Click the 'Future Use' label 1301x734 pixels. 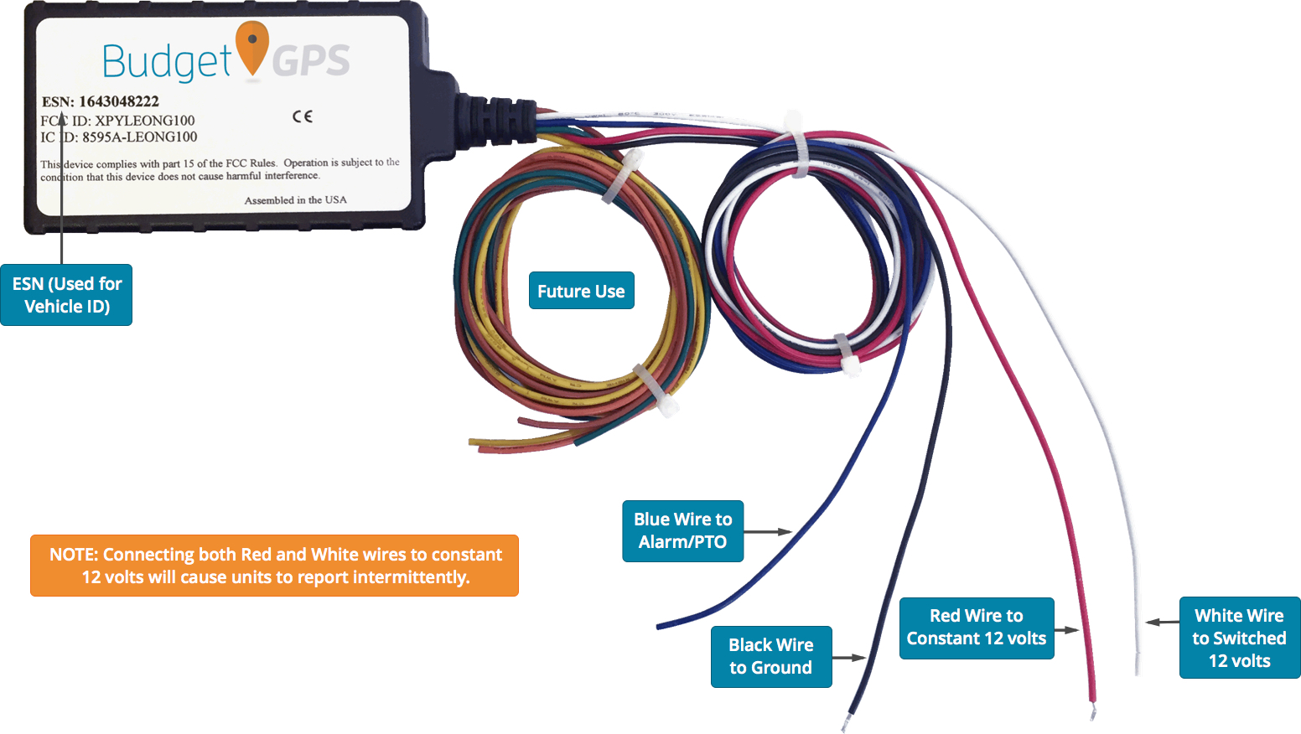click(581, 291)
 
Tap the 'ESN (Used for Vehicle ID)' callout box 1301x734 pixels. click(66, 295)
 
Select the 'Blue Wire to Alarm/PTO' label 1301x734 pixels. click(682, 530)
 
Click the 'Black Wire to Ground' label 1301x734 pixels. click(770, 656)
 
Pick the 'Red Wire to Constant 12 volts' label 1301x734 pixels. click(976, 628)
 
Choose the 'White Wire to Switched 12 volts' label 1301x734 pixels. click(1239, 638)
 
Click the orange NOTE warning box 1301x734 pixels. click(274, 566)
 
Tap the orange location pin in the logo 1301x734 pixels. click(251, 47)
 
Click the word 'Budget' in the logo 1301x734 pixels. click(165, 62)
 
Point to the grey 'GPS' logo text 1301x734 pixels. click(311, 61)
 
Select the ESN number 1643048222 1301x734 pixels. click(119, 101)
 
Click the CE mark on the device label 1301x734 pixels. click(303, 116)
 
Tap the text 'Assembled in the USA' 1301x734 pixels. click(295, 200)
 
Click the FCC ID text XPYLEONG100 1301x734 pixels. click(144, 121)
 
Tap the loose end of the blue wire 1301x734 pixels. click(661, 625)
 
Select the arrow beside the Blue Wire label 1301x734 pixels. click(767, 531)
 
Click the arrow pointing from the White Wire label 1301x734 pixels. click(1162, 623)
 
